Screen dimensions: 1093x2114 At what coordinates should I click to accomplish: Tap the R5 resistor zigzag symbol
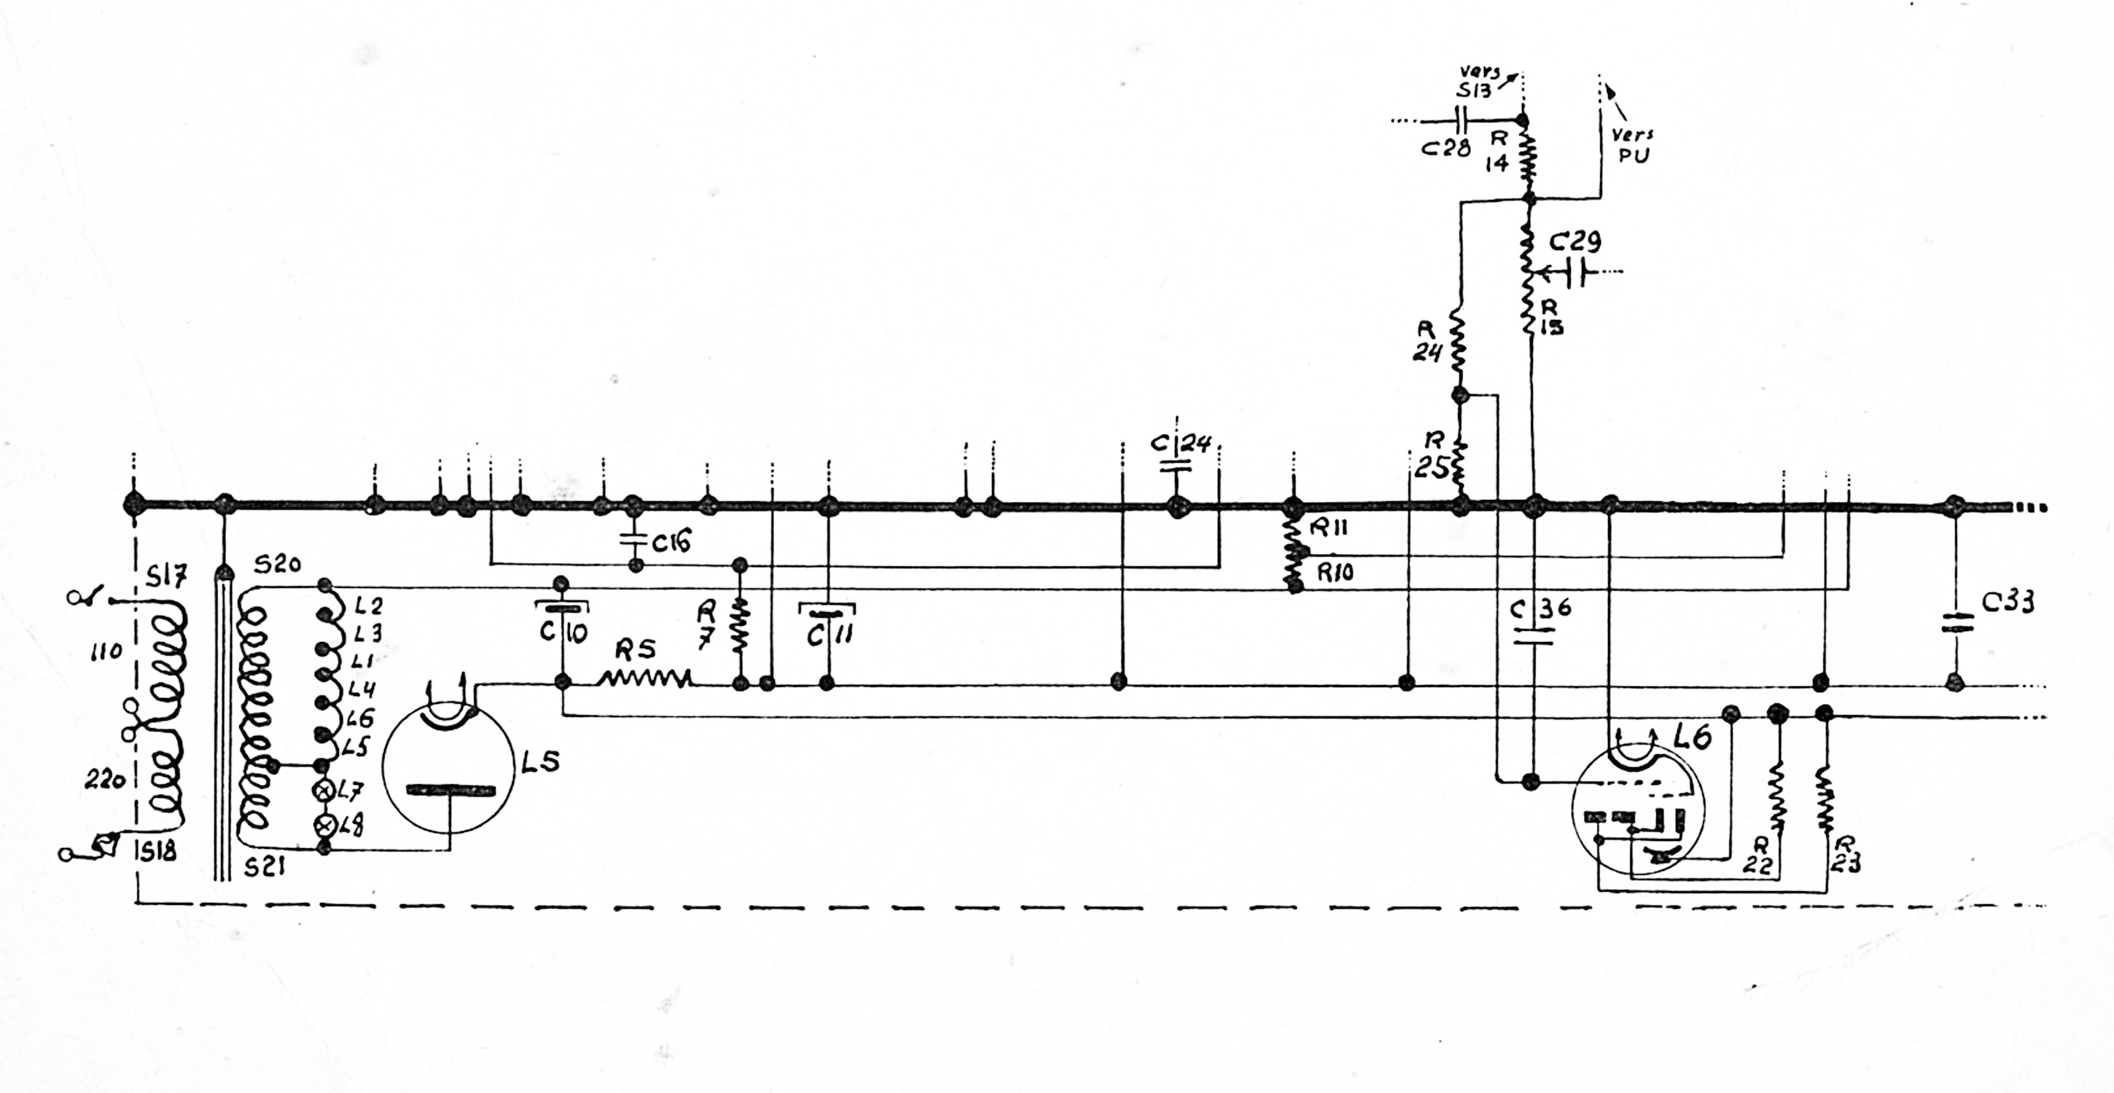645,678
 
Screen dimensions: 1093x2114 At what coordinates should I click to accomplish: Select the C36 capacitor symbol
1532,637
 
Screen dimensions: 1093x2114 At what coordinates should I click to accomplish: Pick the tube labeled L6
1637,808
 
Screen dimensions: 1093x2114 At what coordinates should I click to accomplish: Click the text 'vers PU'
1631,144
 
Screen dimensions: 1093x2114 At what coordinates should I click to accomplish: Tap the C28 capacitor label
1445,149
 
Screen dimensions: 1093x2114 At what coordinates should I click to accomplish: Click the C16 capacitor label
672,541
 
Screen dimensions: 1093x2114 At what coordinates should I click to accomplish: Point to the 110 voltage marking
106,652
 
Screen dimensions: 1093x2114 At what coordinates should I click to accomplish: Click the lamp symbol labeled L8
325,825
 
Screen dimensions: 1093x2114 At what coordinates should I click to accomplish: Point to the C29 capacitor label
1574,243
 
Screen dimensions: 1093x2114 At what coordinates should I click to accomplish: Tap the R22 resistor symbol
1776,799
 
